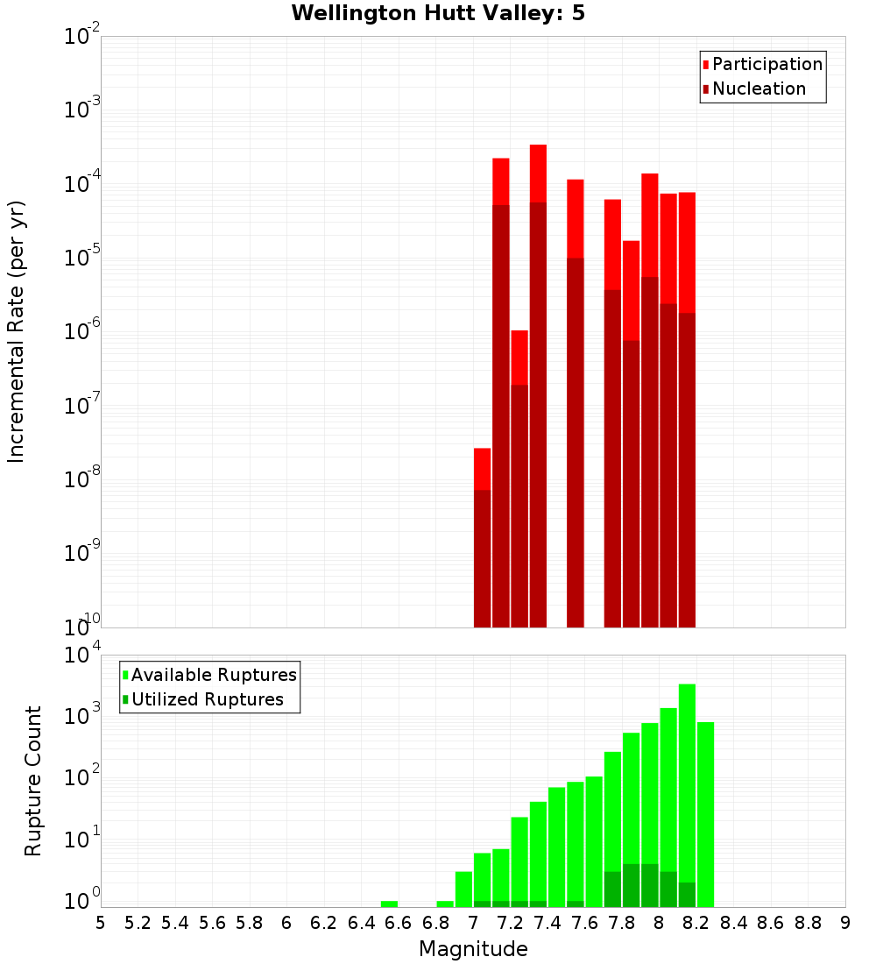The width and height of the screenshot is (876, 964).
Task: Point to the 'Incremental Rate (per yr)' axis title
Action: click(x=16, y=331)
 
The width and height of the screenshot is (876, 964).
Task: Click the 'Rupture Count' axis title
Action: click(x=33, y=781)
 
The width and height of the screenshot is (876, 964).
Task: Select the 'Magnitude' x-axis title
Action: click(x=473, y=949)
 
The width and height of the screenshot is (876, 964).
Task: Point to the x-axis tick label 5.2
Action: click(x=138, y=923)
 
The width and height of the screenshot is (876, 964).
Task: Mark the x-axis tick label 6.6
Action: click(x=398, y=923)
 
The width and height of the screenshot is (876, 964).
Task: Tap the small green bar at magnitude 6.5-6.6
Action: click(x=389, y=904)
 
